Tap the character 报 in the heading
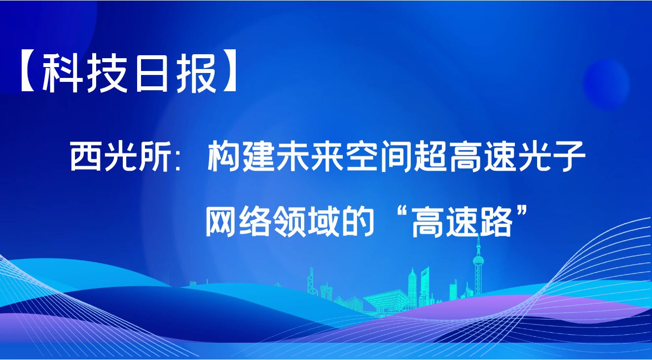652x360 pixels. (198, 73)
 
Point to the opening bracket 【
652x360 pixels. (29, 74)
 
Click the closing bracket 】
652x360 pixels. (228, 74)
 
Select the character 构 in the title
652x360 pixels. (223, 156)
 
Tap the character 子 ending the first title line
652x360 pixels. (569, 156)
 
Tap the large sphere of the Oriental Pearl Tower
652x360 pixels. (478, 260)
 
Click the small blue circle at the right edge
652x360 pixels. (606, 83)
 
